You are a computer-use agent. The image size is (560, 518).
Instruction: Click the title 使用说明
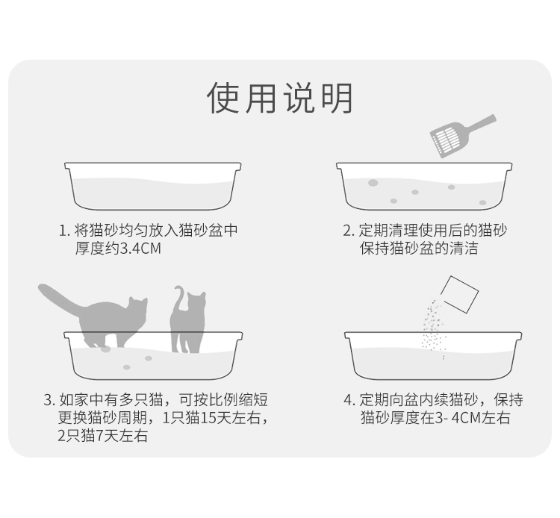point(280,98)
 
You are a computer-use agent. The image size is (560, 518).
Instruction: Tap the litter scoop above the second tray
point(463,136)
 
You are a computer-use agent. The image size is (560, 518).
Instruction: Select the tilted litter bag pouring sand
point(460,295)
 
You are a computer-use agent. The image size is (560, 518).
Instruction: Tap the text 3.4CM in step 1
point(140,249)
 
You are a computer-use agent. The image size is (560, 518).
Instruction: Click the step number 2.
point(348,231)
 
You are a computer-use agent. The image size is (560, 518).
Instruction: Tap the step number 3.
point(49,399)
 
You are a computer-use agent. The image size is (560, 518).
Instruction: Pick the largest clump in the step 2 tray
point(373,183)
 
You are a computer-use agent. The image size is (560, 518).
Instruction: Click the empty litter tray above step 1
point(153,186)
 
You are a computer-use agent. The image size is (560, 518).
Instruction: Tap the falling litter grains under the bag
point(434,328)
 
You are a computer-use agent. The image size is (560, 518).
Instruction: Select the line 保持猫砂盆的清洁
point(419,249)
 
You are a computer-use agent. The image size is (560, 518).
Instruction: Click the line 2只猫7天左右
point(103,436)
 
